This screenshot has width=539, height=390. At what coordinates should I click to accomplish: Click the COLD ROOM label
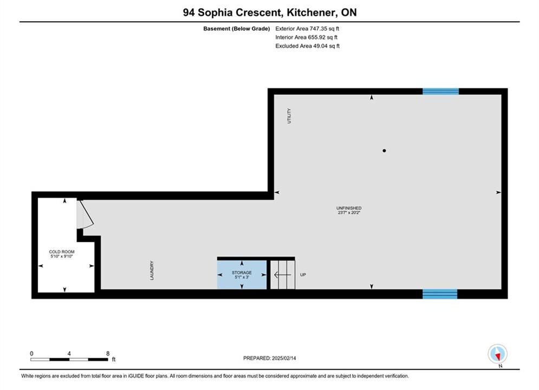click(62, 251)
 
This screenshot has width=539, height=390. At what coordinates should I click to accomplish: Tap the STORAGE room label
click(242, 272)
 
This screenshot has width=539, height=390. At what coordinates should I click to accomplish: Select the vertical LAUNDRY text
click(152, 270)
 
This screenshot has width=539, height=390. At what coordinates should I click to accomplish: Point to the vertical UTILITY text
click(289, 116)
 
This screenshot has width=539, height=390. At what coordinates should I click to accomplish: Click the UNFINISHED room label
click(349, 208)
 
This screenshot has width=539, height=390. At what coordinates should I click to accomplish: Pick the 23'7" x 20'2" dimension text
click(349, 213)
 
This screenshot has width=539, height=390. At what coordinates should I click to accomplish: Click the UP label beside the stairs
click(303, 275)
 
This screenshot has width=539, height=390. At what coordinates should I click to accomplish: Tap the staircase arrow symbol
click(283, 275)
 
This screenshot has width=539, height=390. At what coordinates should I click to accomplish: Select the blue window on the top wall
click(440, 92)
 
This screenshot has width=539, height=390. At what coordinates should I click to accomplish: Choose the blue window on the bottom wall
click(440, 294)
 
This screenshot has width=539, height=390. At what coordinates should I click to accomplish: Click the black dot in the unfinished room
click(384, 151)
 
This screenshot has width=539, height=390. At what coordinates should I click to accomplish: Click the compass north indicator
click(497, 354)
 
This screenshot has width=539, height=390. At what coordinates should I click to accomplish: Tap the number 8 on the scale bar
click(108, 353)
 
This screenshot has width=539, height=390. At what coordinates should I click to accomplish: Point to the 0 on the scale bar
click(31, 353)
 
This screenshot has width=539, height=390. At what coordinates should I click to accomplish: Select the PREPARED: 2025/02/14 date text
click(270, 358)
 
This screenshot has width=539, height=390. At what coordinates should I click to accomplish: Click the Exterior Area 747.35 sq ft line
click(307, 29)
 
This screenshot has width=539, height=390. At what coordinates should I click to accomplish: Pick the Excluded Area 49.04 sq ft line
click(307, 45)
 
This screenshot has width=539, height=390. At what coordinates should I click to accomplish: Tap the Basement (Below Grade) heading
click(237, 29)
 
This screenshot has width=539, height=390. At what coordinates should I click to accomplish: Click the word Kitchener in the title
click(311, 12)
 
